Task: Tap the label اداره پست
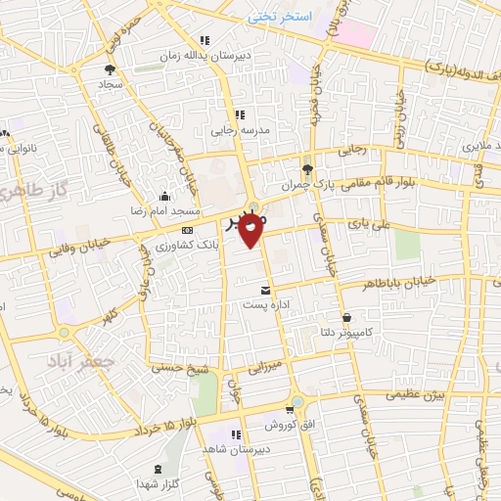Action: pos(266,305)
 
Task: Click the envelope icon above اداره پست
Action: pos(266,289)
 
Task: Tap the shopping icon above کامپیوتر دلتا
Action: pos(347,316)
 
